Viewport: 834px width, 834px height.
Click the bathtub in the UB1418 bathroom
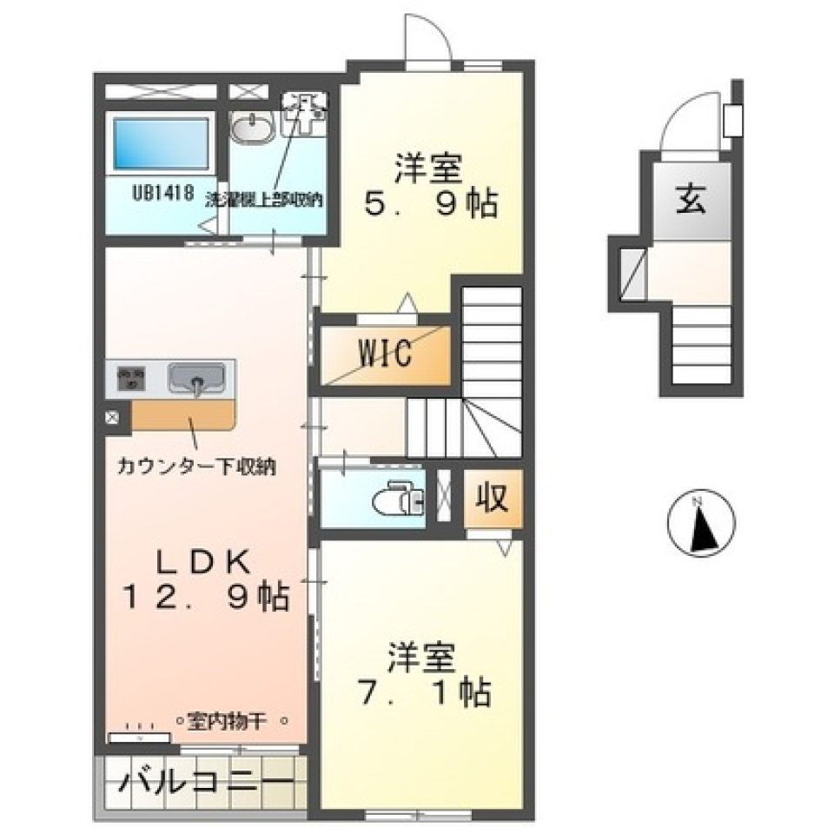(x=162, y=143)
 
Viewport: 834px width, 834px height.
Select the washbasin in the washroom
(x=253, y=131)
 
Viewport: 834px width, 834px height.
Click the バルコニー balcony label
(x=205, y=780)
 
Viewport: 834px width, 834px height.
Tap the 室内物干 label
(x=233, y=720)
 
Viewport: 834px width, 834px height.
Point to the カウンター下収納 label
(x=198, y=467)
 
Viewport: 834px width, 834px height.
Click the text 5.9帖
(x=429, y=205)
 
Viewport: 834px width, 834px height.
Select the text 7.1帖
(x=425, y=692)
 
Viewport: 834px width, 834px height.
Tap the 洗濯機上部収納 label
(x=264, y=199)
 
